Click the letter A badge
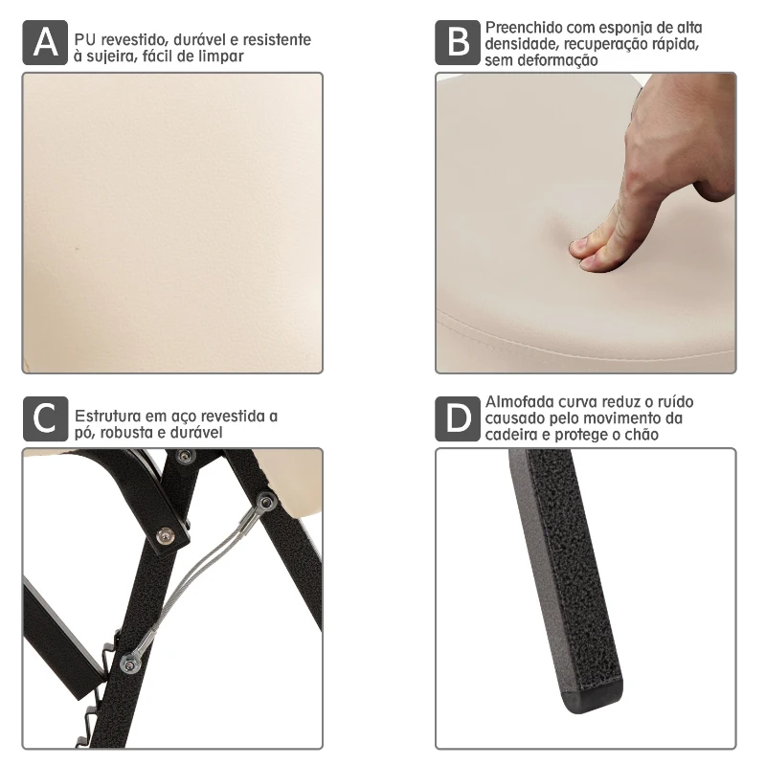point(45,44)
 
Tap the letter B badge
point(459,44)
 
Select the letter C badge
point(45,419)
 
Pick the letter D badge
point(459,419)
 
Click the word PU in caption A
point(84,40)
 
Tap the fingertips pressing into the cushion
point(594,251)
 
